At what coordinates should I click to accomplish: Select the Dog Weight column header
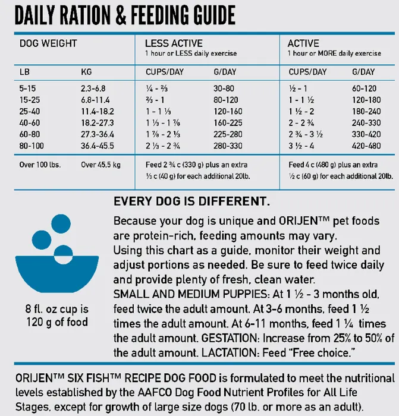(48, 43)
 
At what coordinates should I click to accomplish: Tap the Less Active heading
(174, 43)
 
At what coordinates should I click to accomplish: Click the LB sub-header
(25, 72)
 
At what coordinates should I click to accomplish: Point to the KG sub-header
(87, 72)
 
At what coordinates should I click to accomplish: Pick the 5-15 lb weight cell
(28, 89)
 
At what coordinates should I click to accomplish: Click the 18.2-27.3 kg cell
(98, 122)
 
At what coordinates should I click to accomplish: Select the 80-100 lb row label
(32, 144)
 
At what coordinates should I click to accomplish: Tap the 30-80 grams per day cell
(224, 89)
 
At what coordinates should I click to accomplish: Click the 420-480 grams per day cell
(366, 144)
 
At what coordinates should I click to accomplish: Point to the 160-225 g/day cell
(228, 122)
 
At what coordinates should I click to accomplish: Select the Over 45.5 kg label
(100, 165)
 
